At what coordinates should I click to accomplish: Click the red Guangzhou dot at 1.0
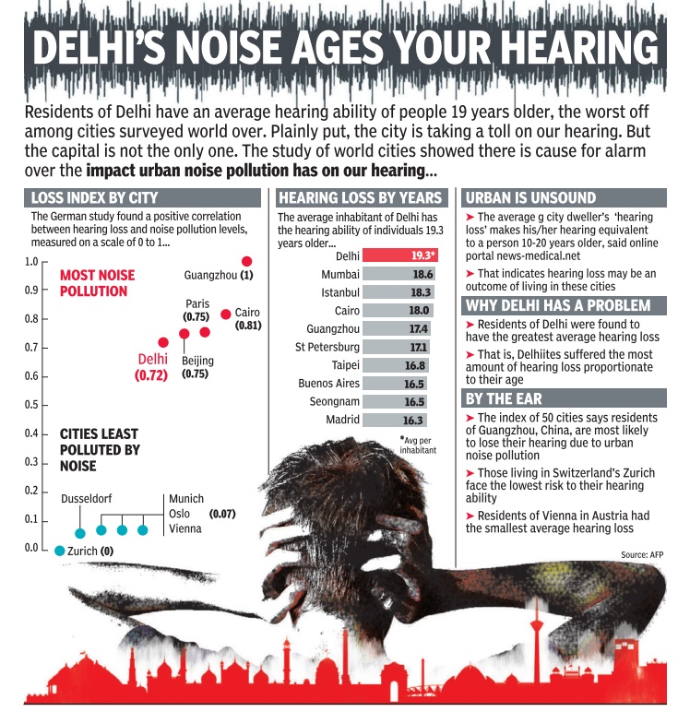[246, 261]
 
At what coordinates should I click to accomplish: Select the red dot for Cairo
[226, 314]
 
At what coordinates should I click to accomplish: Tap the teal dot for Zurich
[60, 551]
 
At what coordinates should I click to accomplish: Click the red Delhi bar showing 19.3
[399, 255]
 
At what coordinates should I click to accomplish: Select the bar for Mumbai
[399, 274]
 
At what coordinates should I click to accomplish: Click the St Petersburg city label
[327, 347]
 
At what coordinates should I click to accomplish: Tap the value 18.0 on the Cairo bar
[420, 311]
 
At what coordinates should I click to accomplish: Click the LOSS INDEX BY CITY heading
[94, 197]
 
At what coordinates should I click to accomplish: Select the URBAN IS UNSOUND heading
[531, 197]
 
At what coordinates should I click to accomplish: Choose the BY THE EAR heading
[504, 398]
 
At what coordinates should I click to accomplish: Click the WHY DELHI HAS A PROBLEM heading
[558, 305]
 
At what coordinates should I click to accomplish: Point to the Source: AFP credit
[642, 553]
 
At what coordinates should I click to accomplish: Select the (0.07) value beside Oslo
[224, 513]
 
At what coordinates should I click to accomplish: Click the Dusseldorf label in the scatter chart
[86, 499]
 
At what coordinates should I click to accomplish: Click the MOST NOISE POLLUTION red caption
[97, 282]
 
